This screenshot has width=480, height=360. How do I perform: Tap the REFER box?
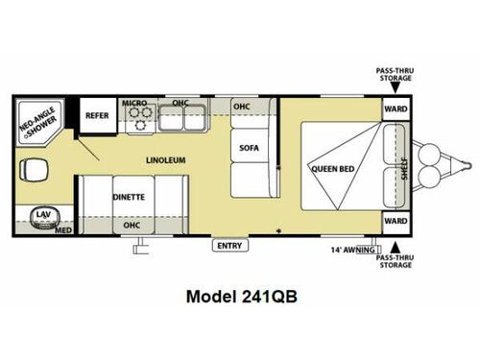96,116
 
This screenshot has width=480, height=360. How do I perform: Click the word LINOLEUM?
165,160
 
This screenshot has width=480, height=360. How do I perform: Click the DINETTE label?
128,198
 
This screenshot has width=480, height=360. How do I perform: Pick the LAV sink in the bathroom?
41,216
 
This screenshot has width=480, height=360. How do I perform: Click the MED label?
63,231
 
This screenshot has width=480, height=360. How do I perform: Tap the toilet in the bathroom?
36,172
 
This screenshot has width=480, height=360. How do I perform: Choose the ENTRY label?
229,246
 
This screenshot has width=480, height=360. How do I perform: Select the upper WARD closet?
396,109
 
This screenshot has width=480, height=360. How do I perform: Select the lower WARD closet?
396,220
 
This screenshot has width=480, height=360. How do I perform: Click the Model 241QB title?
240,297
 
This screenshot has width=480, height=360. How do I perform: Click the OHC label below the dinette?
131,226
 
